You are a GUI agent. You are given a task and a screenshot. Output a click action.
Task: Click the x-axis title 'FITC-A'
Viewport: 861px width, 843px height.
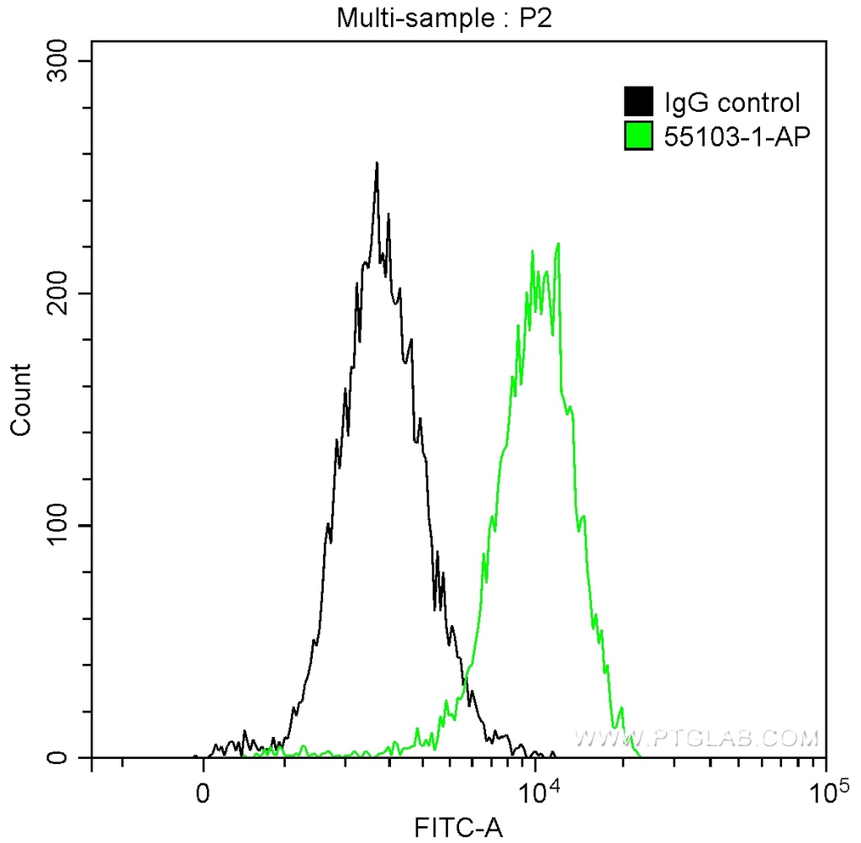pyautogui.click(x=458, y=827)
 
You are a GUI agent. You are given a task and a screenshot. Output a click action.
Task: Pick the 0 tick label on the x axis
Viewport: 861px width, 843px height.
pyautogui.click(x=203, y=793)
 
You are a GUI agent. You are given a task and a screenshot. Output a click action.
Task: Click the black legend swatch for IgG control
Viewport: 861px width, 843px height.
pyautogui.click(x=638, y=103)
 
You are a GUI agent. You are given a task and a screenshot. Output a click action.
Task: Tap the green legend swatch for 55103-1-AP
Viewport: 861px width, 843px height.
pyautogui.click(x=638, y=135)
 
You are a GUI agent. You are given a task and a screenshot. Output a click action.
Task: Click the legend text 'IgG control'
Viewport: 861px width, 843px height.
pyautogui.click(x=732, y=103)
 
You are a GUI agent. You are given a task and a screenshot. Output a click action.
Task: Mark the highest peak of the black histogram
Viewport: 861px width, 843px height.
pyautogui.click(x=377, y=163)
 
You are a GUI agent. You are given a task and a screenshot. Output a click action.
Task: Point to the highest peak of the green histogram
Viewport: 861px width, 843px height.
pyautogui.click(x=557, y=244)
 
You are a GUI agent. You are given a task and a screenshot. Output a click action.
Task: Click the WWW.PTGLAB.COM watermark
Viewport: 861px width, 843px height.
pyautogui.click(x=696, y=739)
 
